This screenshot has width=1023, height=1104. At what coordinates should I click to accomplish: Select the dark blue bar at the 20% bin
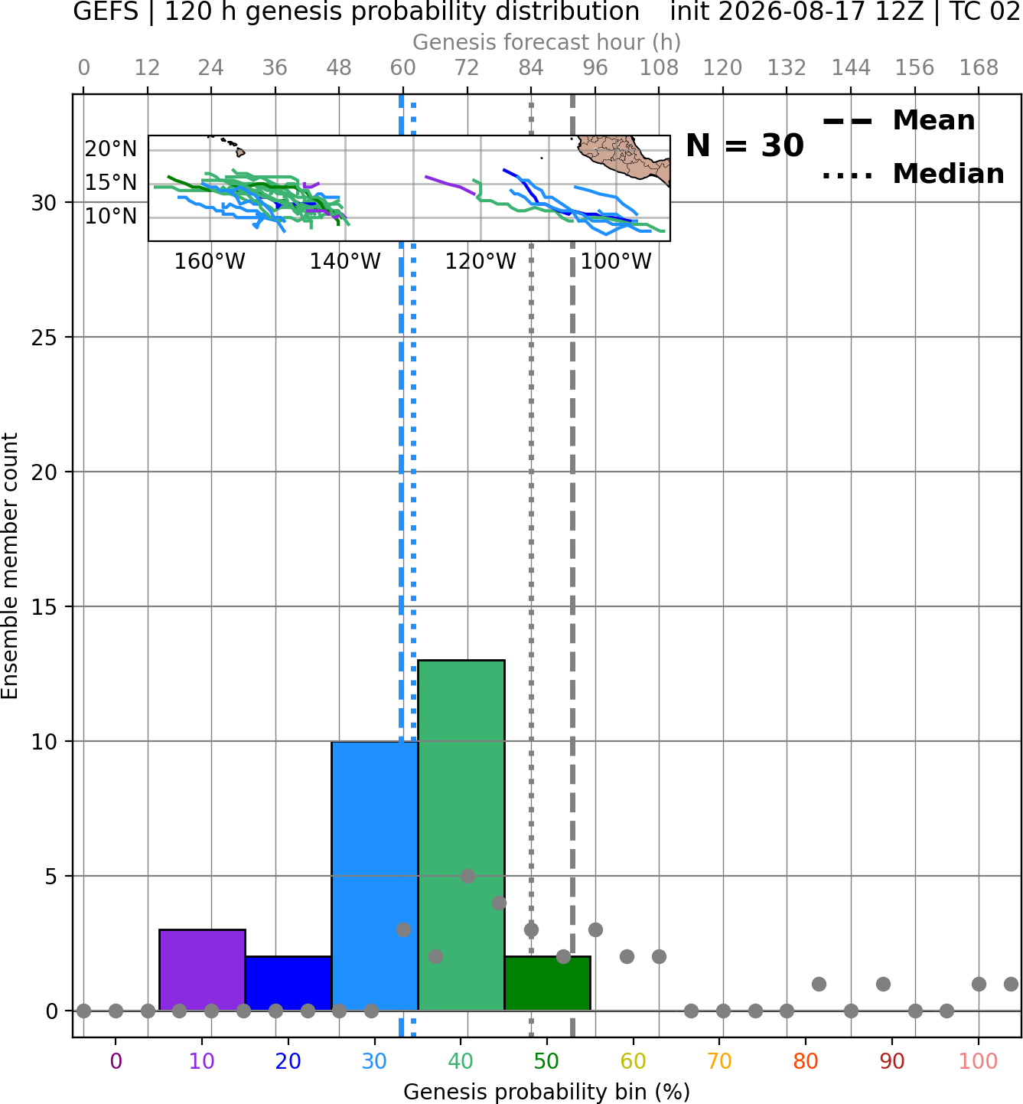[288, 983]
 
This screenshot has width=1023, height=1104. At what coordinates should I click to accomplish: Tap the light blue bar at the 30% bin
[374, 876]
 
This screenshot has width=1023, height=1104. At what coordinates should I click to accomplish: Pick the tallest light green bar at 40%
[461, 835]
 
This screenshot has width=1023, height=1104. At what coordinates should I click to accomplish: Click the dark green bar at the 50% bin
[547, 983]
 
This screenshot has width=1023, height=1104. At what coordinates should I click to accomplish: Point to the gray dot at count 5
[468, 876]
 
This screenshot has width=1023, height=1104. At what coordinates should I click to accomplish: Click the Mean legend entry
[898, 121]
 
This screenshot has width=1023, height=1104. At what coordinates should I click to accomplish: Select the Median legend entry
[913, 174]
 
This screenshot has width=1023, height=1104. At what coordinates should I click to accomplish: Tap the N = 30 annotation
[744, 145]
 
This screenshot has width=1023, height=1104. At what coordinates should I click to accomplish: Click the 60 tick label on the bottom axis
[633, 1061]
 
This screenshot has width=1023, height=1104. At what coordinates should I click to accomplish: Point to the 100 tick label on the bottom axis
[978, 1061]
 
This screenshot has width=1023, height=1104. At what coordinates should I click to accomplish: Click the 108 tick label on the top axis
[659, 68]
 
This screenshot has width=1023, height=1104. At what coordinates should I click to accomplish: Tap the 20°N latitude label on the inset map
[111, 149]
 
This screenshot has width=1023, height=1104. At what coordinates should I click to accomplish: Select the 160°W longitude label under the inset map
[210, 261]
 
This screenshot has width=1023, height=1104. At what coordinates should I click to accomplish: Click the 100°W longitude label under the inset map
[616, 261]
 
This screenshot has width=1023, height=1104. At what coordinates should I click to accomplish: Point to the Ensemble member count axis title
[9, 566]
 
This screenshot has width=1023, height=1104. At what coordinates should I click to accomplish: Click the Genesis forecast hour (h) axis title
[547, 42]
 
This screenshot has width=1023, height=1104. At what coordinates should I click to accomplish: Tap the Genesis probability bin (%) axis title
[547, 1092]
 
